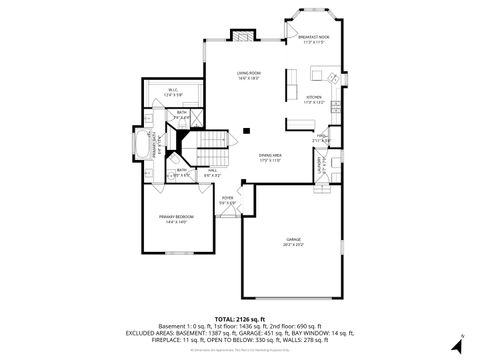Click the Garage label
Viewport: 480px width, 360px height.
(293, 240)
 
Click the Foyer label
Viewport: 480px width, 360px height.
(228, 198)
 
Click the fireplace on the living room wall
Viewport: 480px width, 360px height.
(244, 37)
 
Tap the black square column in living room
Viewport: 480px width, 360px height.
(247, 129)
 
